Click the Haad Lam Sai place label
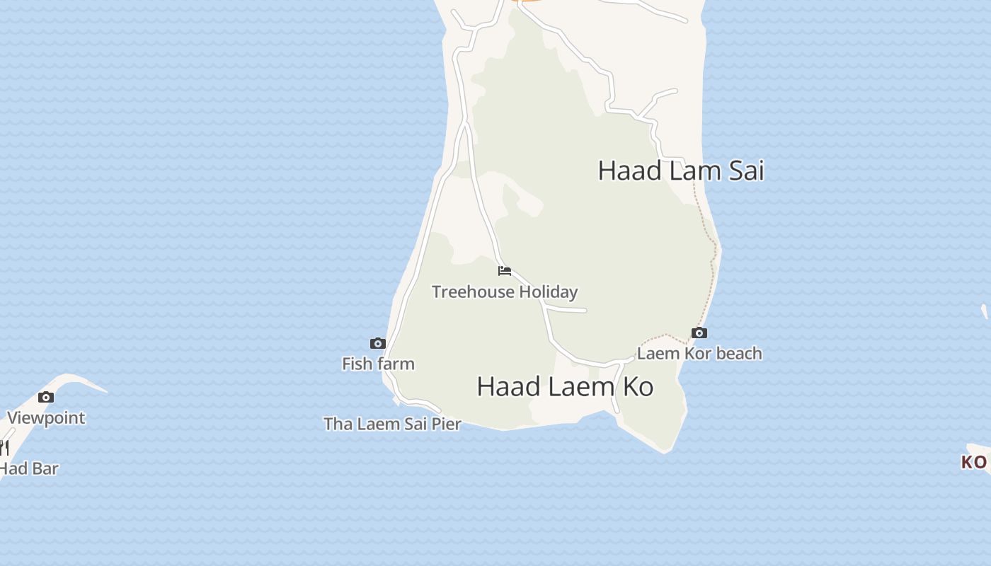click(681, 171)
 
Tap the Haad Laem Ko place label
click(565, 386)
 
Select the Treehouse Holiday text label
click(505, 291)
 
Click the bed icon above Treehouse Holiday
click(505, 271)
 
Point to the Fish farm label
click(378, 364)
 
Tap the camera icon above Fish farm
click(378, 343)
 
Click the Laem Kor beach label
click(699, 353)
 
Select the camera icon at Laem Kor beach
click(699, 333)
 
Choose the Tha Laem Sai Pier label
click(392, 424)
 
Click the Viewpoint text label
click(46, 417)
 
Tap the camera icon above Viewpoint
click(46, 397)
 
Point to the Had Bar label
click(28, 468)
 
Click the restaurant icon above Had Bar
click(4, 447)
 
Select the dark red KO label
click(974, 462)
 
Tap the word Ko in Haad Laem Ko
click(638, 386)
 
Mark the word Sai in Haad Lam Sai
click(745, 171)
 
